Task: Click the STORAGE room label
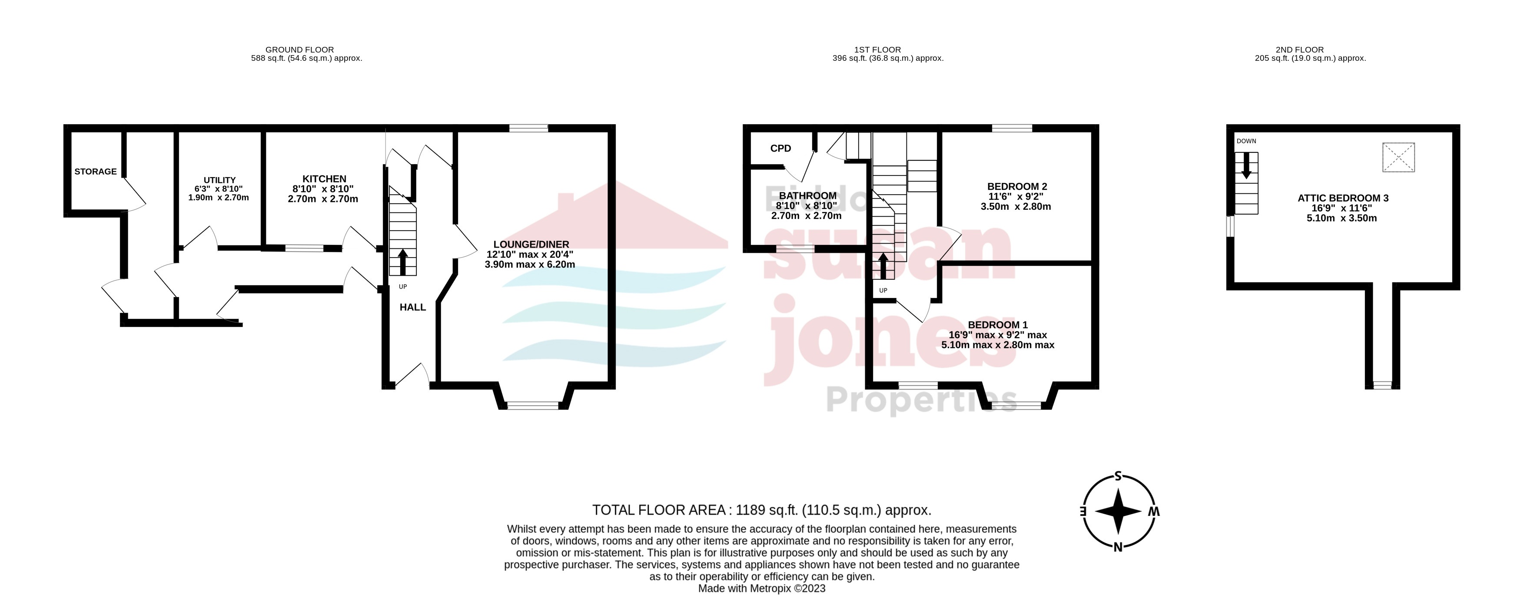pyautogui.click(x=95, y=172)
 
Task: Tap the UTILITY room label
pyautogui.click(x=219, y=180)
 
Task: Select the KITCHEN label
pyautogui.click(x=324, y=178)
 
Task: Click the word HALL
pyautogui.click(x=412, y=307)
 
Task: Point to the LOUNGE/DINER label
pyautogui.click(x=531, y=244)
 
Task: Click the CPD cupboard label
pyautogui.click(x=780, y=149)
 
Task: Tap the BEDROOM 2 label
pyautogui.click(x=1016, y=186)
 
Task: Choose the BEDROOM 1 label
pyautogui.click(x=997, y=325)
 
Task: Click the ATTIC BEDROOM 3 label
pyautogui.click(x=1342, y=198)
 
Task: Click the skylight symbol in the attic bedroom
pyautogui.click(x=1398, y=157)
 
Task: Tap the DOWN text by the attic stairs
pyautogui.click(x=1246, y=141)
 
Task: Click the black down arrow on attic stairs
pyautogui.click(x=1246, y=165)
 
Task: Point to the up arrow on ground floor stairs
pyautogui.click(x=403, y=261)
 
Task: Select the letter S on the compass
pyautogui.click(x=1118, y=476)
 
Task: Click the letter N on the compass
pyautogui.click(x=1118, y=547)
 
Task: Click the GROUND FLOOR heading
pyautogui.click(x=299, y=50)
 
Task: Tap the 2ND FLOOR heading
pyautogui.click(x=1299, y=50)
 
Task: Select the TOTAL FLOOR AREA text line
pyautogui.click(x=761, y=510)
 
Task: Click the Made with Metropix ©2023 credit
pyautogui.click(x=761, y=588)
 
